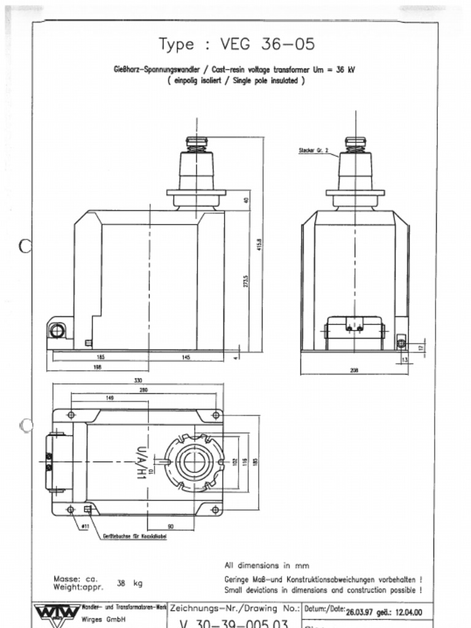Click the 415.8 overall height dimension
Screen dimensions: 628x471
coord(259,244)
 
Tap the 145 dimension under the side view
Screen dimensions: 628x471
coord(186,357)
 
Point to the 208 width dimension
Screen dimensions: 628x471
coord(354,370)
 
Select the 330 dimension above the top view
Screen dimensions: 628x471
coord(138,380)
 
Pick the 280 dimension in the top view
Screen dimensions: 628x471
coord(144,389)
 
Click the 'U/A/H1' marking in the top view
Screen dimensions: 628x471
coord(140,461)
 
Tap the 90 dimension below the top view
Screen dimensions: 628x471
coord(170,526)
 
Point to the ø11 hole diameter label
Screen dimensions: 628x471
coord(85,526)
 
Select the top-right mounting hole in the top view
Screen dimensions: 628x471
coord(215,415)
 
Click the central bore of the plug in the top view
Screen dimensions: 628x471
coord(194,461)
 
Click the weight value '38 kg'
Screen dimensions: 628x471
coord(129,583)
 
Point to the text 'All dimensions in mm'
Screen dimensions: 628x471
coord(267,565)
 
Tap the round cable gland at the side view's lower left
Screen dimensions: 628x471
coord(57,331)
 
